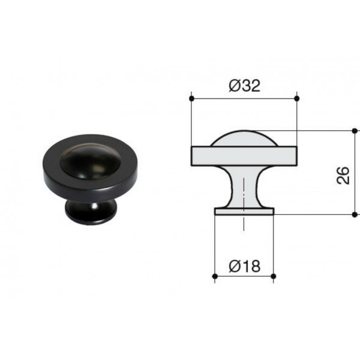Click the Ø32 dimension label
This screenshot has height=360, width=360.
pos(245,86)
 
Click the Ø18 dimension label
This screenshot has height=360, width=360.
pos(245,266)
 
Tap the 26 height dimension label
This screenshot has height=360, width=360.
pos(343,176)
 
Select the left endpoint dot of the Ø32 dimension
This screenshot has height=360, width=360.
pos(192,99)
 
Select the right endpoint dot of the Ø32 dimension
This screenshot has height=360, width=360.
pos(296,99)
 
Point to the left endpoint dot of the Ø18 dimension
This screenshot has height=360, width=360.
pos(215,276)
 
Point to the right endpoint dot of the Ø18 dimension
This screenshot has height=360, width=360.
pos(274,276)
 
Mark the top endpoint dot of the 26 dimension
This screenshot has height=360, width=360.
pos(355,131)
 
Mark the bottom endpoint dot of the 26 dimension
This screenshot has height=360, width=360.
pos(355,215)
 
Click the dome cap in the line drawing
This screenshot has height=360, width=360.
pos(244,139)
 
